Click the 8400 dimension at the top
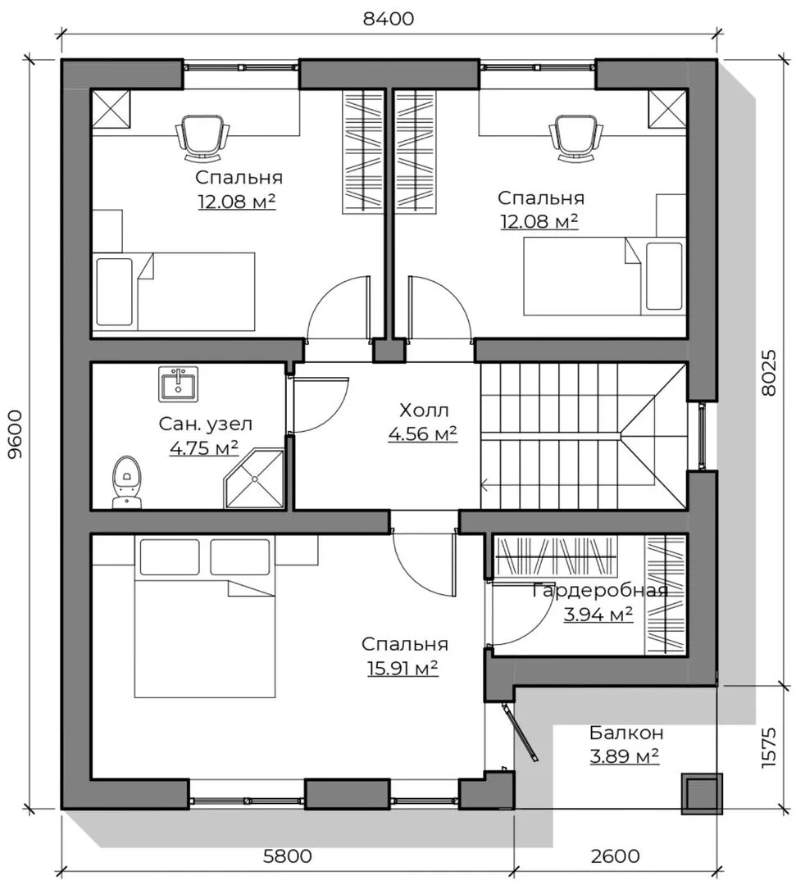click(x=389, y=19)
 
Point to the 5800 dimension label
click(x=288, y=855)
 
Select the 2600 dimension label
click(x=616, y=855)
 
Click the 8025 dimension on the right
click(x=768, y=373)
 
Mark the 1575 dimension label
click(x=768, y=747)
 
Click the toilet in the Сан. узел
click(x=126, y=482)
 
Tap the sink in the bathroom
click(x=179, y=384)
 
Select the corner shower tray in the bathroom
click(x=254, y=479)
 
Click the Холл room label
click(x=424, y=410)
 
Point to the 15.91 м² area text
click(x=403, y=669)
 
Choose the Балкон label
click(x=626, y=733)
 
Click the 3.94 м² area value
click(x=598, y=614)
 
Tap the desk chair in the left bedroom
click(x=203, y=137)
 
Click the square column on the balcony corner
click(x=702, y=793)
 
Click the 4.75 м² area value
click(x=204, y=448)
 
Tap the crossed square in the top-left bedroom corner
click(x=111, y=109)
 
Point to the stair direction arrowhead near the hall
click(x=484, y=483)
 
